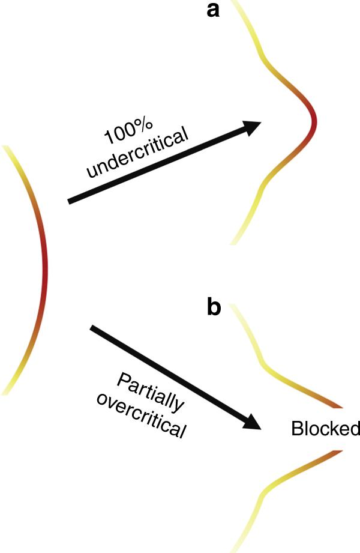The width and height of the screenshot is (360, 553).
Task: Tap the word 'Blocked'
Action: coord(325,429)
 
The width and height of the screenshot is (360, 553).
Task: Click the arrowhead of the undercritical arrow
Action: coord(252,127)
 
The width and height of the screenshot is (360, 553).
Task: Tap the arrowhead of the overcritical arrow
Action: coord(253,422)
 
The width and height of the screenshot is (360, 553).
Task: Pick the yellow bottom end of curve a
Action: coord(233,241)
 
